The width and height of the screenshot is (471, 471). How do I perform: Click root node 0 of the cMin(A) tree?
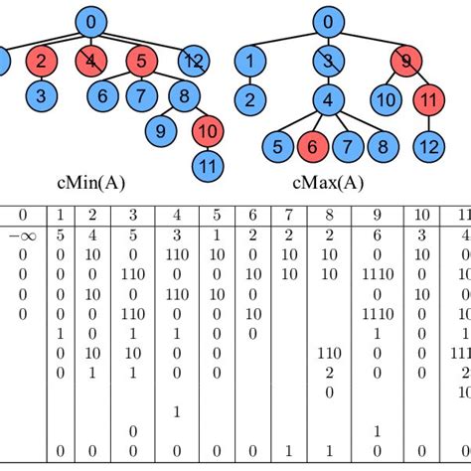(92, 21)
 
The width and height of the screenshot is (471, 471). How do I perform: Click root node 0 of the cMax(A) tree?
(327, 21)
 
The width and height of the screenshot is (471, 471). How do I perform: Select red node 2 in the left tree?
(41, 63)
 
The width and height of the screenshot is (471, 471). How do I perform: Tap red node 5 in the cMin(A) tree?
(141, 63)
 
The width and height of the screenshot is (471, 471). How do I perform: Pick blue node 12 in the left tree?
(194, 63)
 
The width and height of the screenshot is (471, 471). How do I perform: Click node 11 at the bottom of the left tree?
(208, 165)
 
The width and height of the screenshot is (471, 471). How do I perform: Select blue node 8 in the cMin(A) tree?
(183, 97)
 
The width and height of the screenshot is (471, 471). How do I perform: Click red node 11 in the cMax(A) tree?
(428, 99)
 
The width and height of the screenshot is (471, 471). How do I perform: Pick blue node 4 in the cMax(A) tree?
(327, 99)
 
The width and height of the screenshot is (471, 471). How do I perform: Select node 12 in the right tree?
(428, 147)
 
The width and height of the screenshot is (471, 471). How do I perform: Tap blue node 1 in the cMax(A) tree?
(253, 63)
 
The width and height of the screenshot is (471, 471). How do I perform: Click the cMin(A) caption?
(92, 184)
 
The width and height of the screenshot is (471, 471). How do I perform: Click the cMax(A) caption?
(327, 184)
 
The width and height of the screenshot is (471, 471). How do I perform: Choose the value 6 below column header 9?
(377, 236)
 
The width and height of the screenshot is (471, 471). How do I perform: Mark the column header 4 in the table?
(176, 215)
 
